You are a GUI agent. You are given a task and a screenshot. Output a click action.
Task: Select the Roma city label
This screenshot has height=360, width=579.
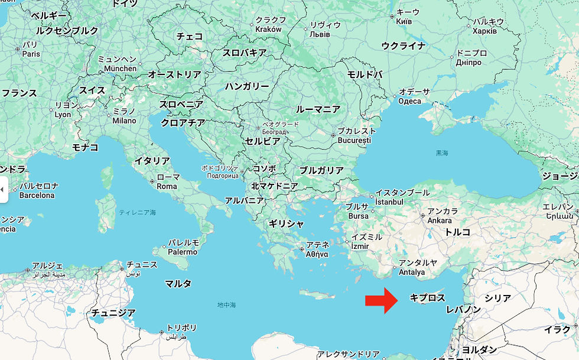(167, 186)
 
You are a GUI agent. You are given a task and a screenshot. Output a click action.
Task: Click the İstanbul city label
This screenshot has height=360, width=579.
(389, 202)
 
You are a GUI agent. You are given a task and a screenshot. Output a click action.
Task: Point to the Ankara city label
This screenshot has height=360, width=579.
(440, 220)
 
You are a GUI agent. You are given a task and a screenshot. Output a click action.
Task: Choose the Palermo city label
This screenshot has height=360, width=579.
(183, 252)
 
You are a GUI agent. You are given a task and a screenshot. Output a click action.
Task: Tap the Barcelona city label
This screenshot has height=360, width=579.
(37, 195)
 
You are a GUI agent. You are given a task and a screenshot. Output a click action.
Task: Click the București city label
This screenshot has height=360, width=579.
(354, 141)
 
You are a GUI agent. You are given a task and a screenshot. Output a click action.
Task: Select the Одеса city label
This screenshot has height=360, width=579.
(409, 101)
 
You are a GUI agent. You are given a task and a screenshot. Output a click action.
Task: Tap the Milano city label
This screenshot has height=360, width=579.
(124, 121)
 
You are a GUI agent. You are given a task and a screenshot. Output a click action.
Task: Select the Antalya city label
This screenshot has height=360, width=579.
(412, 273)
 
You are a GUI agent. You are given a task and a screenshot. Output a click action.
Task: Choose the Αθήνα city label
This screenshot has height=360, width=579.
(317, 254)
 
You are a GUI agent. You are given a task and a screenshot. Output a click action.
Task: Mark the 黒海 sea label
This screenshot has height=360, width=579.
(442, 153)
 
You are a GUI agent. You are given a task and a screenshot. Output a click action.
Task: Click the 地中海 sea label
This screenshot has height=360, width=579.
(226, 305)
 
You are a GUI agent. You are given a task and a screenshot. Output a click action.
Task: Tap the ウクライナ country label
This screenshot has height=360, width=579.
(404, 46)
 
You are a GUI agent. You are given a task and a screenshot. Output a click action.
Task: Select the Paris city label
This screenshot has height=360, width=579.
(31, 54)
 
